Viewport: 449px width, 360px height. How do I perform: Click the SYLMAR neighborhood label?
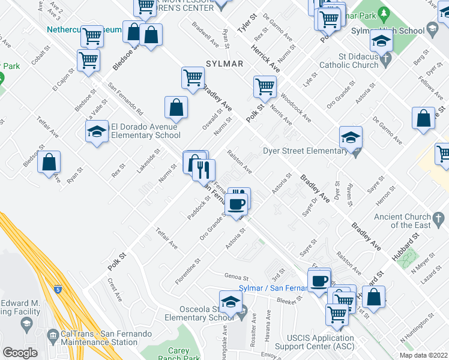point(224,64)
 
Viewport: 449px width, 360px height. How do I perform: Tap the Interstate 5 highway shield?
point(57,290)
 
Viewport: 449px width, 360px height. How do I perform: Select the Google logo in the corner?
point(20,353)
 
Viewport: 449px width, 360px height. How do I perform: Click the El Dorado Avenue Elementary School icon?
point(97,131)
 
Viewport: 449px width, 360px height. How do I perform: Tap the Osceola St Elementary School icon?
point(230,303)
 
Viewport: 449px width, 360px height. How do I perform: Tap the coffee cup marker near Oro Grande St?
point(237,203)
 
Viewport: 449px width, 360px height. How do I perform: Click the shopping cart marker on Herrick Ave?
point(265,88)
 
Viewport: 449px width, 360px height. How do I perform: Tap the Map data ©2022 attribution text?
point(423,355)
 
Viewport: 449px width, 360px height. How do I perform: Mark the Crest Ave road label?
point(114,289)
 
